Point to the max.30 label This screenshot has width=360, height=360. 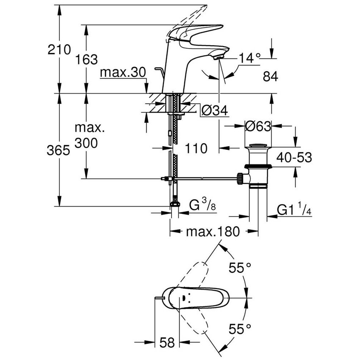[x=123, y=73]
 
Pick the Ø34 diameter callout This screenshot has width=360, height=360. [x=214, y=111]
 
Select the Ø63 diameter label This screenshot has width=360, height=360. [x=258, y=126]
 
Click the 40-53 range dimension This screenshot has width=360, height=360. [x=294, y=158]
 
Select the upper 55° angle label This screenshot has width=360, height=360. [x=240, y=268]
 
